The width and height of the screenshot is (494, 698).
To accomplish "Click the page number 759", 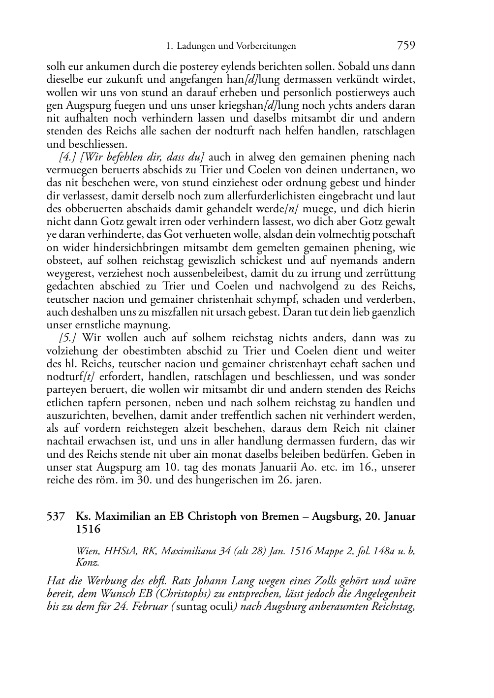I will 405,46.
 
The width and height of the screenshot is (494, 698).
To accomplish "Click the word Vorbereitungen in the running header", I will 266,46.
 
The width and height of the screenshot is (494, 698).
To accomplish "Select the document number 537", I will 56,516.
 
